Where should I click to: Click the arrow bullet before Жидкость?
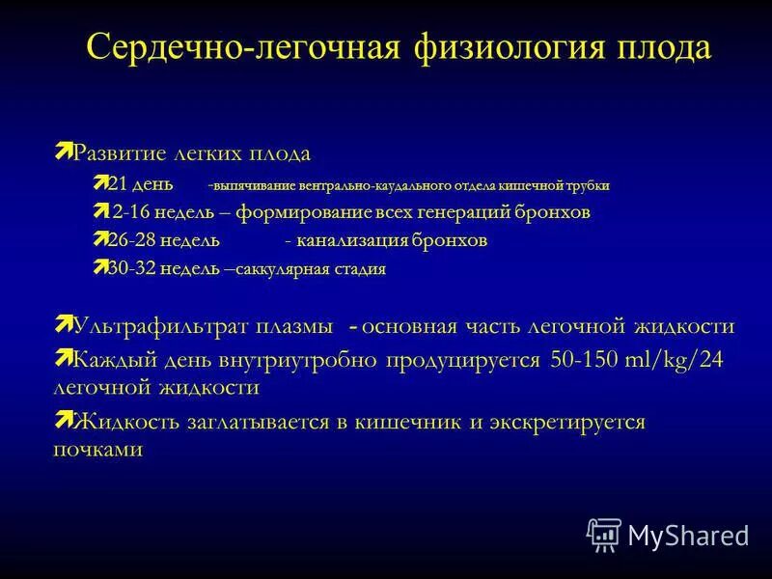[63, 419]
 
